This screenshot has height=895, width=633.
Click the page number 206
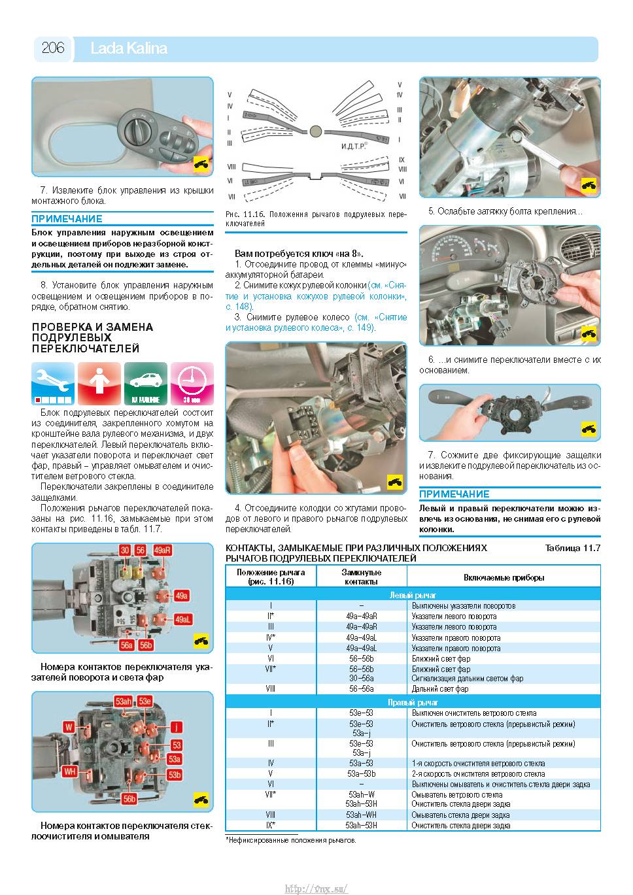(53, 48)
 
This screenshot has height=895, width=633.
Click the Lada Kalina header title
(129, 48)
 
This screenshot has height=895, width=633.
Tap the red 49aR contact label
(162, 550)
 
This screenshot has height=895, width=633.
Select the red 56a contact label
(127, 645)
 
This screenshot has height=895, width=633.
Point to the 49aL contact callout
(182, 620)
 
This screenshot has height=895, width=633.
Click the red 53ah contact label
(124, 701)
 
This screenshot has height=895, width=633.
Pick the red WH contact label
(69, 771)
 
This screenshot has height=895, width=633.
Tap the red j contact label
(177, 727)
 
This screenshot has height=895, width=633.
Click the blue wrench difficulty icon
(53, 384)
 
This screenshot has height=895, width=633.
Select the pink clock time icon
(192, 384)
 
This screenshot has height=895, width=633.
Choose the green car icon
(146, 384)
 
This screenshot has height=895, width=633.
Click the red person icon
(99, 384)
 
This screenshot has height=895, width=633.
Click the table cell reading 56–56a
(361, 688)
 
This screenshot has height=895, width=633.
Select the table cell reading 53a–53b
(361, 773)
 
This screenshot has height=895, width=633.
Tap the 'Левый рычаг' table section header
(413, 595)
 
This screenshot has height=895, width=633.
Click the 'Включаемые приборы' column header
(504, 577)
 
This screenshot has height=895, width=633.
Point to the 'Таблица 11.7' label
(573, 548)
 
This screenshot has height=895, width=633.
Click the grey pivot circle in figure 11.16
(315, 131)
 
